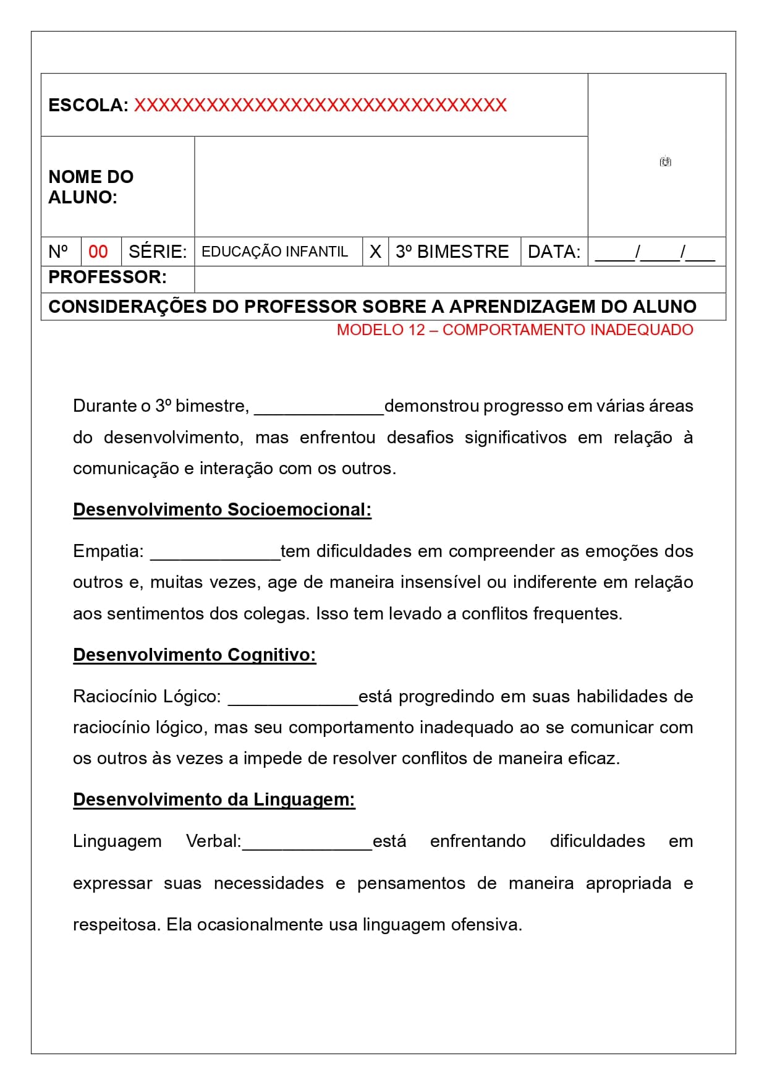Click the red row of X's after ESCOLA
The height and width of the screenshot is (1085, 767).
pyautogui.click(x=320, y=105)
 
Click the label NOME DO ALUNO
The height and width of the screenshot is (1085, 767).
pyautogui.click(x=91, y=187)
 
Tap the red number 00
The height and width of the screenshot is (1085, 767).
pyautogui.click(x=98, y=252)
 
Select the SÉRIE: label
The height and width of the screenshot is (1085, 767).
pyautogui.click(x=158, y=252)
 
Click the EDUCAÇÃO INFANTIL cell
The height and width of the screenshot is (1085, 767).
pyautogui.click(x=275, y=252)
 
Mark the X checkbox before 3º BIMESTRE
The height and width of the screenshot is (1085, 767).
pyautogui.click(x=375, y=252)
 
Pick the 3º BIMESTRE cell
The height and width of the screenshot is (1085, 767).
pyautogui.click(x=452, y=252)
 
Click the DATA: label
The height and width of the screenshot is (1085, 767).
pyautogui.click(x=554, y=252)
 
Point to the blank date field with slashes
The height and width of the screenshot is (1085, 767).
pyautogui.click(x=655, y=252)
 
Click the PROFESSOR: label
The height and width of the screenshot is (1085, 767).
pyautogui.click(x=108, y=277)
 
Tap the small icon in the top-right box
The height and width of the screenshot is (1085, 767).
pyautogui.click(x=665, y=161)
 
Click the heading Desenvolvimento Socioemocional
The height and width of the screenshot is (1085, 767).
pyautogui.click(x=222, y=509)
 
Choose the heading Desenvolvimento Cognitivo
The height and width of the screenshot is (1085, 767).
pyautogui.click(x=194, y=655)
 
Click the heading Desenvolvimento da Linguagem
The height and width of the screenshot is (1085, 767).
pyautogui.click(x=214, y=799)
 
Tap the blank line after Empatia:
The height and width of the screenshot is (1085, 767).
pyautogui.click(x=215, y=555)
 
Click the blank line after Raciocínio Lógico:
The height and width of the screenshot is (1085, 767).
pyautogui.click(x=293, y=700)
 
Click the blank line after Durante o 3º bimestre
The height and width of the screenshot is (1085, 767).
pyautogui.click(x=319, y=409)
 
